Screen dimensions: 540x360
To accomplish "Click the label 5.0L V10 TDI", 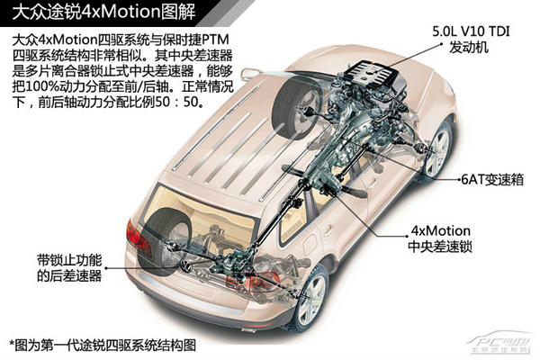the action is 471,31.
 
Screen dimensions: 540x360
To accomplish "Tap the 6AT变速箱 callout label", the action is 492,179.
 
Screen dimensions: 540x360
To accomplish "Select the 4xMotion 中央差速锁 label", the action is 440,238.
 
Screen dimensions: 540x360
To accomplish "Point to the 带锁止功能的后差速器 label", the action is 69,267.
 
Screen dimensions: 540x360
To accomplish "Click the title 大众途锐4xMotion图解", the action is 103,12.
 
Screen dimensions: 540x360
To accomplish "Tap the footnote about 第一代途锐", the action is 103,345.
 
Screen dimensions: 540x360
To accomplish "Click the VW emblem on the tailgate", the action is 186,266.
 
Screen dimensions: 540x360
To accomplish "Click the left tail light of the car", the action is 138,238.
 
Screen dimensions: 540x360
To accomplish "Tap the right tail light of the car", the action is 253,281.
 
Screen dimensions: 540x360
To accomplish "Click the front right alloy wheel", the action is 437,148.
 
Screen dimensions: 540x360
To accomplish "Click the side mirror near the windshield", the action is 251,74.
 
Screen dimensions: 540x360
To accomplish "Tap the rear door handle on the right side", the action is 327,229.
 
